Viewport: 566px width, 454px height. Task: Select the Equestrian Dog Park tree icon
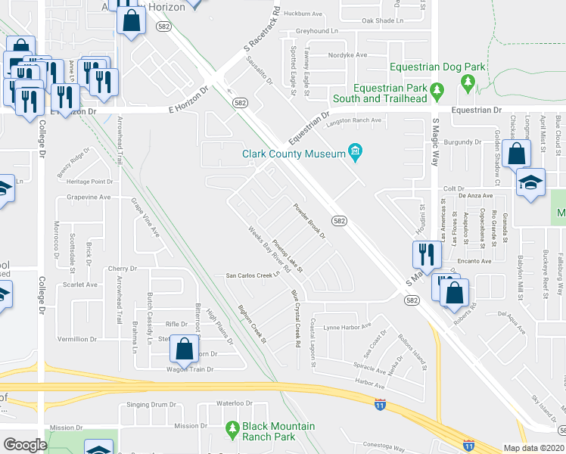[x=468, y=81]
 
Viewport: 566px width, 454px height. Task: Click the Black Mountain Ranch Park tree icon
[x=232, y=431]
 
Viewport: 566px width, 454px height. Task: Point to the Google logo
[x=24, y=445]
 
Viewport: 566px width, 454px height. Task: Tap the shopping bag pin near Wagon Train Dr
[x=184, y=349]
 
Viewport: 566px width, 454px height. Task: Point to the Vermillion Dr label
[x=78, y=340]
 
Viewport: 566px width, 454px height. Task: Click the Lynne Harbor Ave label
[x=347, y=326]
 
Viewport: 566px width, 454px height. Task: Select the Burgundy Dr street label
[x=462, y=141]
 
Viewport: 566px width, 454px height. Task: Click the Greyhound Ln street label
[x=316, y=31]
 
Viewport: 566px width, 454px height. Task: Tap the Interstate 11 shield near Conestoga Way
[x=469, y=445]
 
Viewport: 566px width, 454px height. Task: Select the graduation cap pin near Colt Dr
[x=530, y=182]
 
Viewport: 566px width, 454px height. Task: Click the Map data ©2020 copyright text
[x=534, y=447]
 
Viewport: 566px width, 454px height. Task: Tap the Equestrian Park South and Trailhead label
[x=379, y=93]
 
